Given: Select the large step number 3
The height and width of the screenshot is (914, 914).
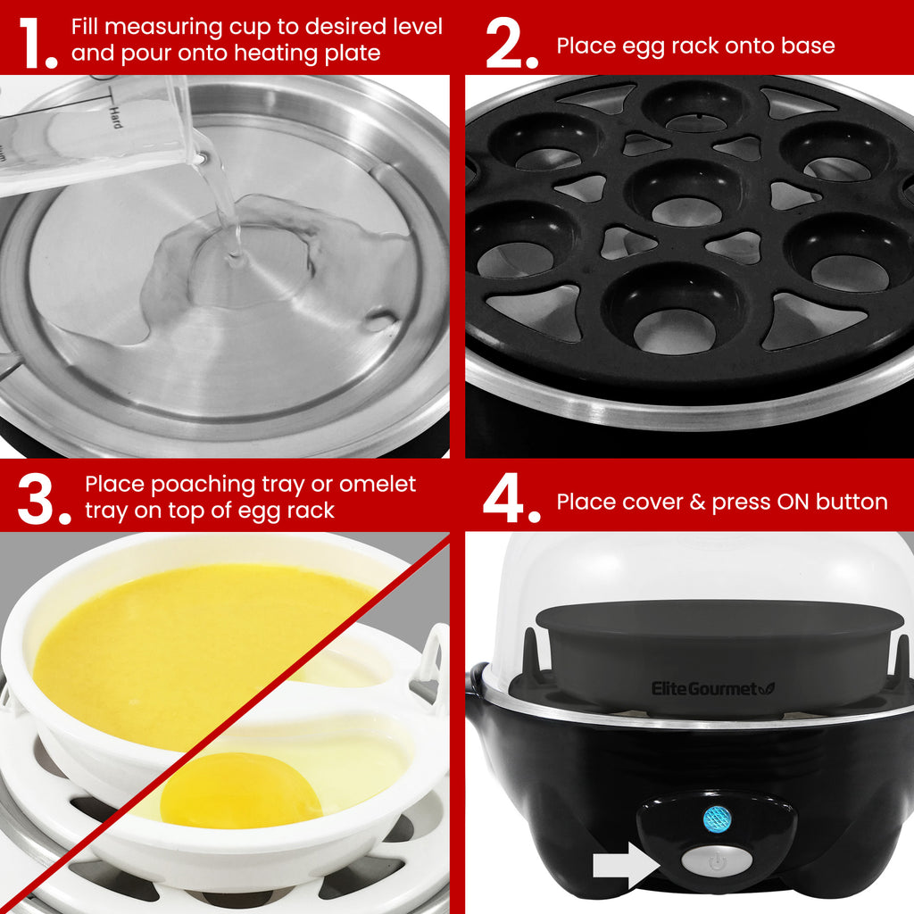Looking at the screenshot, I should (42, 498).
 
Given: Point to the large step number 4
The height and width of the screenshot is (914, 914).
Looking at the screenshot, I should (509, 498).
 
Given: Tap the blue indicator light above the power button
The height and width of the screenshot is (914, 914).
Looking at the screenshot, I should (716, 818).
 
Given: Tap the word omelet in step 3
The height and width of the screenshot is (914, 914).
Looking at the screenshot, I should (378, 485).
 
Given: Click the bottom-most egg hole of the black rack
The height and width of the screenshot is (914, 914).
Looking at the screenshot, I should (676, 317).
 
